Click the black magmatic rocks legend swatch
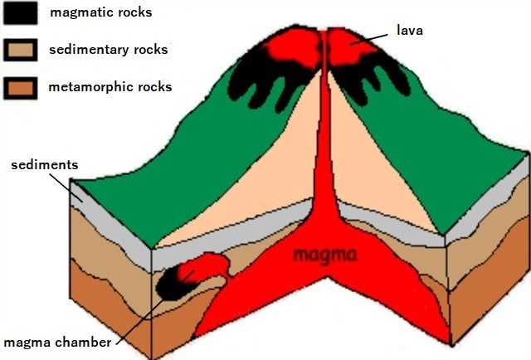pyautogui.click(x=20, y=13)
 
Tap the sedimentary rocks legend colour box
pyautogui.click(x=20, y=50)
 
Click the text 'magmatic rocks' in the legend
pyautogui.click(x=100, y=13)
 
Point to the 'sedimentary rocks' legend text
pyautogui.click(x=108, y=50)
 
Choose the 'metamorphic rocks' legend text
pyautogui.click(x=110, y=86)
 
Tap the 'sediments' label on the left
pyautogui.click(x=44, y=164)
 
